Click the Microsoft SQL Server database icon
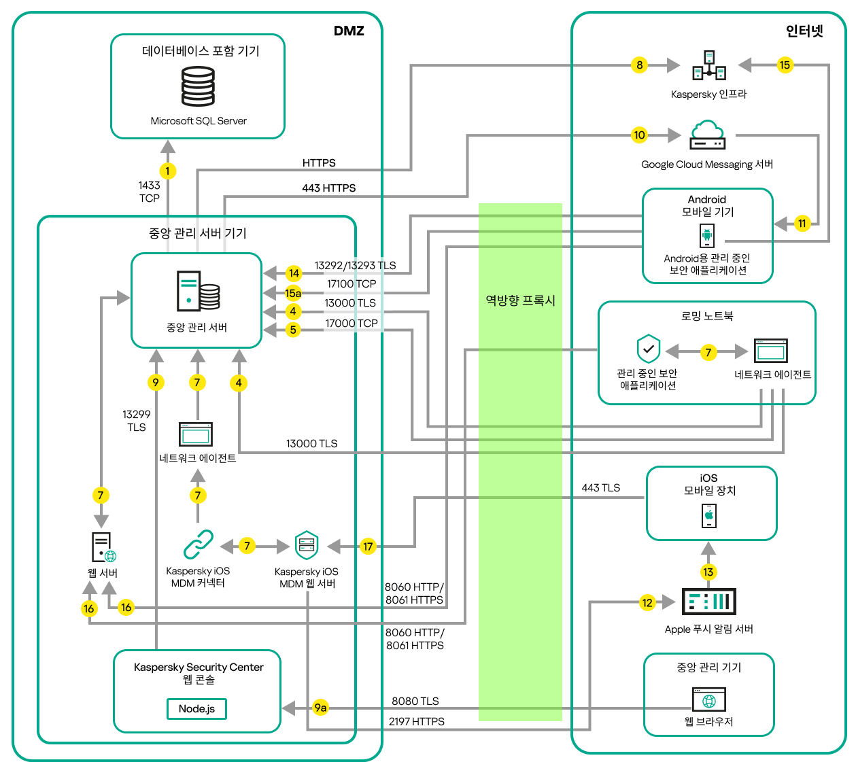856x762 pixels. click(x=198, y=86)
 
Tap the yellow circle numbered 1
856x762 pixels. click(x=168, y=171)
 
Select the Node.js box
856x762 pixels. click(x=196, y=708)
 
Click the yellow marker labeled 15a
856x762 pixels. click(x=293, y=293)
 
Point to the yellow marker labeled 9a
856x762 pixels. click(x=320, y=708)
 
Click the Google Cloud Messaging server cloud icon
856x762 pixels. click(x=707, y=135)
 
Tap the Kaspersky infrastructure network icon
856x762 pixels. click(x=709, y=65)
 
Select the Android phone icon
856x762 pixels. click(x=707, y=236)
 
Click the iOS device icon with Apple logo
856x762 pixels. click(x=708, y=516)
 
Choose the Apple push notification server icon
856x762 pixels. click(x=708, y=602)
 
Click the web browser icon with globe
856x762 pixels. click(x=708, y=700)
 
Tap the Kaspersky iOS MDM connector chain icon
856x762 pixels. click(x=198, y=544)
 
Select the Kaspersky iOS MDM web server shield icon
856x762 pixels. click(x=307, y=545)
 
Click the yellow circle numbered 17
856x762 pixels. click(x=368, y=546)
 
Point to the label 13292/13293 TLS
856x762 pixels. click(x=355, y=266)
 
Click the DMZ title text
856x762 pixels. click(x=349, y=31)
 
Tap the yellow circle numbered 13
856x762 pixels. click(x=708, y=572)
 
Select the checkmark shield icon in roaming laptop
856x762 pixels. click(x=648, y=349)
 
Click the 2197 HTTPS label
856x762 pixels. click(x=416, y=721)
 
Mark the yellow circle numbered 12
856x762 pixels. click(x=647, y=602)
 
